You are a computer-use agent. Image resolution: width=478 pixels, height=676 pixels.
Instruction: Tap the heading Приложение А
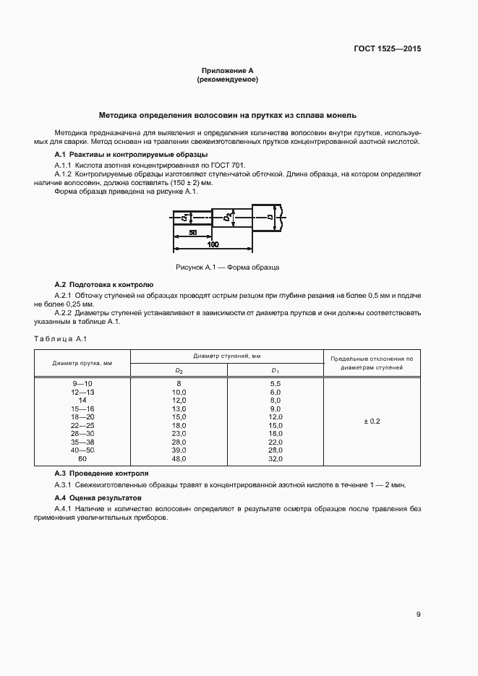227,71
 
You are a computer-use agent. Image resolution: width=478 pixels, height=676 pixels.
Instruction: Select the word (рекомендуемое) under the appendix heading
227,80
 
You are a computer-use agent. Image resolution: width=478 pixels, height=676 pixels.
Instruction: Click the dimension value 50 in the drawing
193,234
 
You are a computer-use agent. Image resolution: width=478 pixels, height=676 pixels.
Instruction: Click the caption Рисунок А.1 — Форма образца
227,268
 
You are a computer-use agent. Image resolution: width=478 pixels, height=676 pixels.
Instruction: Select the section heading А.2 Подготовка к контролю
104,285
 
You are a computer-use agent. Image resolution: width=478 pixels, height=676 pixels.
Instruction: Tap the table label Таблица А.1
60,339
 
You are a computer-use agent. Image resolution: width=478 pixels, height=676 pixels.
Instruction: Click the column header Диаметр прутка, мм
82,363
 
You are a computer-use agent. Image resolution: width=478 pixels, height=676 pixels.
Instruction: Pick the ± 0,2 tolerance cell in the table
370,420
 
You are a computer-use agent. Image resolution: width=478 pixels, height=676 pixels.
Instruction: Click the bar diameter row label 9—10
82,382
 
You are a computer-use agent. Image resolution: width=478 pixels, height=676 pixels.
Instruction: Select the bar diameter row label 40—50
82,450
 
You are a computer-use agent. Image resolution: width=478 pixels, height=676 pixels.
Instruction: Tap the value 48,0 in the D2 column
179,459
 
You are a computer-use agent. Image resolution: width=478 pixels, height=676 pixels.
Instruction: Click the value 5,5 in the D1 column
275,382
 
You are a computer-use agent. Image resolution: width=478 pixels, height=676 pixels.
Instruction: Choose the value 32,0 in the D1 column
275,459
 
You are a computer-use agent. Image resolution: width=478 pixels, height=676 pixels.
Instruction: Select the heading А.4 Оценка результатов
98,498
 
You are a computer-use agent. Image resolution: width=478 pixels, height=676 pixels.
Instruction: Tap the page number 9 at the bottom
419,615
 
